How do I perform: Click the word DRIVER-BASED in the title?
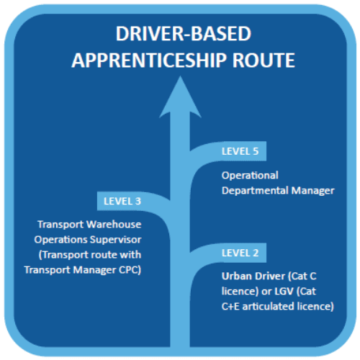tap(184, 34)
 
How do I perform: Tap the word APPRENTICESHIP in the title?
tap(149, 60)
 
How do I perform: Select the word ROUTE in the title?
tap(264, 60)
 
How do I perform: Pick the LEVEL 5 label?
tap(240, 151)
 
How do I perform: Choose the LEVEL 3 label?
tap(122, 201)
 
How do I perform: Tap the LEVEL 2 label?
tap(240, 253)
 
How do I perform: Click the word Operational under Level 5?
tap(250, 176)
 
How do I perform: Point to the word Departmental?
tap(255, 191)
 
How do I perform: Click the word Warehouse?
tap(114, 225)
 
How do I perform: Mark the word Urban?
tap(236, 276)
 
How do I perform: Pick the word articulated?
tap(269, 307)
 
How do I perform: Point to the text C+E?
tap(230, 307)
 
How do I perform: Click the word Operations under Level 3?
tap(60, 240)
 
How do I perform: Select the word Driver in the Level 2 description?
tap(270, 276)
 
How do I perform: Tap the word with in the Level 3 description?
tap(130, 255)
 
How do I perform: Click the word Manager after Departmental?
tap(312, 191)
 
